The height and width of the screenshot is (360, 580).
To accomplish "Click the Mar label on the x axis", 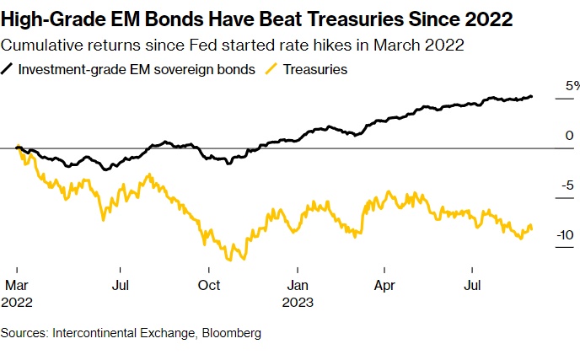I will [x=17, y=285].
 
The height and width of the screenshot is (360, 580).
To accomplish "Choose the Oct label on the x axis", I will [x=208, y=285].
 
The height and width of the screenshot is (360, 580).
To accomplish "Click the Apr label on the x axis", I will [x=384, y=285].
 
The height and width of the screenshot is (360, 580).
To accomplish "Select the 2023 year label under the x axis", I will [x=299, y=302].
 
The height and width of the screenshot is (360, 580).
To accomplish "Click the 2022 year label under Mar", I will [x=19, y=302].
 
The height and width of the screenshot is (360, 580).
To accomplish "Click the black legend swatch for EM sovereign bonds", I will [x=10, y=70].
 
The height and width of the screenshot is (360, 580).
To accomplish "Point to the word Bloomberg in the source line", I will [x=230, y=333].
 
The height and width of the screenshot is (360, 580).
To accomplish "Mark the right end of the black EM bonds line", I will [x=532, y=96].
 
